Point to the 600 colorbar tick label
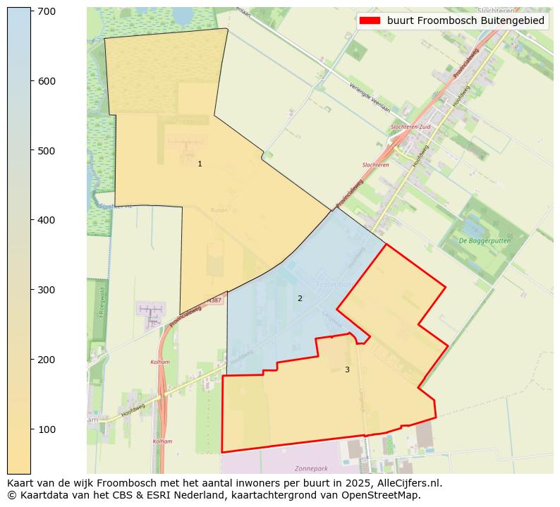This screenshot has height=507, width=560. [x=46, y=82]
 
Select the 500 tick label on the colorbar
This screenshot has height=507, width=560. [x=46, y=151]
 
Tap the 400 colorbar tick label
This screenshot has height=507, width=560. [x=46, y=221]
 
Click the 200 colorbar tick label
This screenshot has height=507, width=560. [x=46, y=360]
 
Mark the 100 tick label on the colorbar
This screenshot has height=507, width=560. [x=46, y=429]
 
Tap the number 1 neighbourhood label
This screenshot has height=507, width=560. [x=200, y=164]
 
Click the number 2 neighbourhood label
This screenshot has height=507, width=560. [x=300, y=298]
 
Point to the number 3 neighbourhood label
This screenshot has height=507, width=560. [x=347, y=369]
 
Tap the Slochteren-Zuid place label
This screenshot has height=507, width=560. [x=410, y=127]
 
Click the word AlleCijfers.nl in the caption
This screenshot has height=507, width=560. [x=410, y=484]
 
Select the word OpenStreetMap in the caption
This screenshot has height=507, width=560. [x=386, y=495]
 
